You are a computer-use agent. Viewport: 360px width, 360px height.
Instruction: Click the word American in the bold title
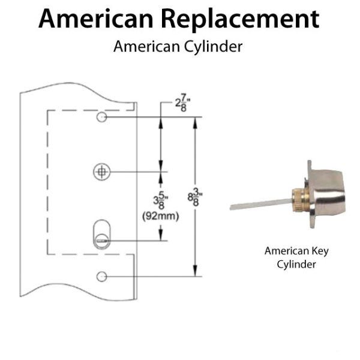tap(98, 19)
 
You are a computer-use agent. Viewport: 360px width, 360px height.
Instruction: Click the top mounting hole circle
tap(102, 116)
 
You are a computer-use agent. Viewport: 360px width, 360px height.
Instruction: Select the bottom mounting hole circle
tap(102, 276)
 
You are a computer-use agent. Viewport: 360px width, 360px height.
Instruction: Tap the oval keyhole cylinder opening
tap(101, 233)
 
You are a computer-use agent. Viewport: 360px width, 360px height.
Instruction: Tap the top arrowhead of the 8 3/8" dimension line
tap(195, 121)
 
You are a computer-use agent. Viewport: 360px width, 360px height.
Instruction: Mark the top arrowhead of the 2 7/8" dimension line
tap(161, 121)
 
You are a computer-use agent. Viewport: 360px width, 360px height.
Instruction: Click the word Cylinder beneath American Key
tap(296, 264)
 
